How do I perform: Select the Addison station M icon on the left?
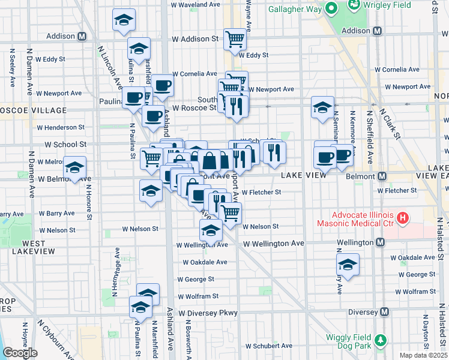[x=82, y=36]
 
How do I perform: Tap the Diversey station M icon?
[x=385, y=312]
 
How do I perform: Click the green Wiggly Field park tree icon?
[x=379, y=341]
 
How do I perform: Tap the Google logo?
[x=20, y=353]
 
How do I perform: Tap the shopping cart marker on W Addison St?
[x=235, y=39]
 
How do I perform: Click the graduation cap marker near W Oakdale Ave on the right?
[x=348, y=264]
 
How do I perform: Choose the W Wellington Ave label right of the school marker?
[x=274, y=243]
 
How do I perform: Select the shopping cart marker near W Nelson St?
[x=231, y=212]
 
